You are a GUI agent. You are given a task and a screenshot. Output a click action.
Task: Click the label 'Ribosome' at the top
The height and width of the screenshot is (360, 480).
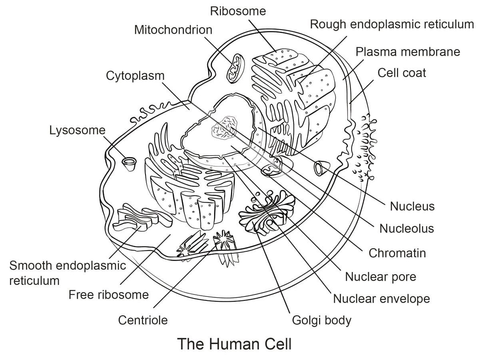click(x=238, y=11)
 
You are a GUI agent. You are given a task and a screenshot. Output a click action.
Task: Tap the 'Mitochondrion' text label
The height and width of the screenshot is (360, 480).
click(x=173, y=30)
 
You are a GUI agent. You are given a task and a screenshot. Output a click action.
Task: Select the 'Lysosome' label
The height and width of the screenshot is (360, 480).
click(x=77, y=130)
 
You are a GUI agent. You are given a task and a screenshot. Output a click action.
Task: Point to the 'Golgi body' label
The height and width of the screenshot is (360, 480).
click(x=322, y=320)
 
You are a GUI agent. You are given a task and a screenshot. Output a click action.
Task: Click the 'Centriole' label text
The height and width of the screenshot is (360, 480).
click(x=143, y=320)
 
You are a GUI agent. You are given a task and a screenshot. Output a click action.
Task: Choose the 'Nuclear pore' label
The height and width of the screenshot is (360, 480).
click(x=380, y=276)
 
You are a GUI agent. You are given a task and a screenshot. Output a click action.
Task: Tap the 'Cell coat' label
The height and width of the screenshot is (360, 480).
click(x=402, y=73)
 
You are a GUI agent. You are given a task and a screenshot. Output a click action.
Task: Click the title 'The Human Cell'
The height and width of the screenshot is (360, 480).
click(x=234, y=344)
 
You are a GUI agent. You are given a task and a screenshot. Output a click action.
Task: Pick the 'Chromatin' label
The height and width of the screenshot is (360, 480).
click(x=397, y=253)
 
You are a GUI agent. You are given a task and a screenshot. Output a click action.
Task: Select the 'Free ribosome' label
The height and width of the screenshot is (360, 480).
click(x=109, y=295)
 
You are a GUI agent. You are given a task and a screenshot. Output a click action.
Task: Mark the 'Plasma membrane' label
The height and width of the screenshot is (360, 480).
click(x=408, y=52)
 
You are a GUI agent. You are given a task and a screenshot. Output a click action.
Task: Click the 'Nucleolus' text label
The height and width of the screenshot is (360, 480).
click(x=406, y=229)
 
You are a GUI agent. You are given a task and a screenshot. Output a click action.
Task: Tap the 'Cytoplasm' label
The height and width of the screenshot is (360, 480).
click(x=135, y=76)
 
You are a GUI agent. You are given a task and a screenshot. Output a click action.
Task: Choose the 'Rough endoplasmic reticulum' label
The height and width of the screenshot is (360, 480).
click(x=392, y=24)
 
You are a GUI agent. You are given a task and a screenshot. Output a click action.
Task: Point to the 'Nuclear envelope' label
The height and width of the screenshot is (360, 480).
click(x=381, y=298)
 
